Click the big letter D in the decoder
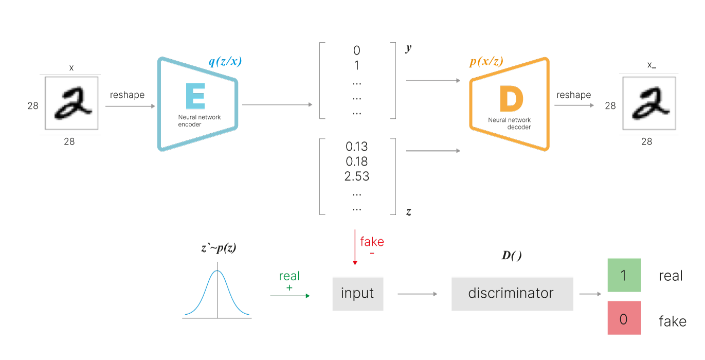(x=511, y=100)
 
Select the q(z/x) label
(x=225, y=62)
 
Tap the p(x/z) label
(x=486, y=62)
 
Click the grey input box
(x=357, y=294)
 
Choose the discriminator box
(x=512, y=294)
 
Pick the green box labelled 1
(x=624, y=275)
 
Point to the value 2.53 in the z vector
(x=357, y=176)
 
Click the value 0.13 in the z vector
(x=357, y=147)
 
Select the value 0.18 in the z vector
(x=357, y=161)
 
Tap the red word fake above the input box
(x=372, y=241)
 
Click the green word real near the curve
(x=289, y=276)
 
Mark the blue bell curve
(x=217, y=293)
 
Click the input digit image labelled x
(x=70, y=104)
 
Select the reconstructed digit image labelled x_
(x=648, y=104)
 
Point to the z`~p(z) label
(x=219, y=248)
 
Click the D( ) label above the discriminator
(x=511, y=256)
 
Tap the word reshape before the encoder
(x=127, y=96)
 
